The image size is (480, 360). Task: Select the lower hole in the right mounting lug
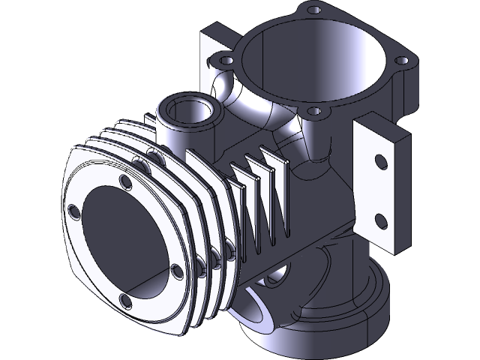(x=379, y=220)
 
